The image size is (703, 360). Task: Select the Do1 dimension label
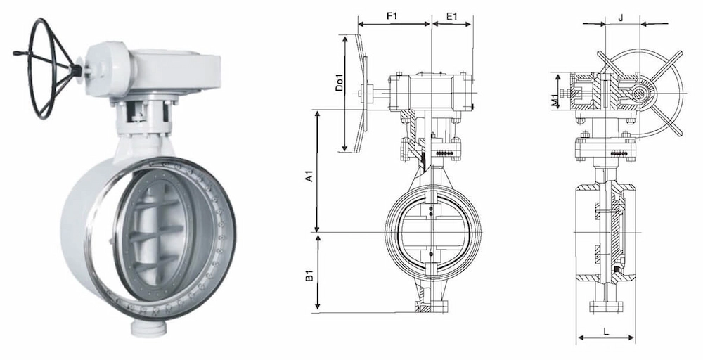click(x=339, y=83)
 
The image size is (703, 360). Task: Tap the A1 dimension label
click(x=309, y=176)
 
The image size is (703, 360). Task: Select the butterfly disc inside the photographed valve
click(x=151, y=232)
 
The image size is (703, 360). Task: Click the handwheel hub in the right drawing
click(x=640, y=93)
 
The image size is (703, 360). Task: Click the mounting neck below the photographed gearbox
click(x=144, y=116)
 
